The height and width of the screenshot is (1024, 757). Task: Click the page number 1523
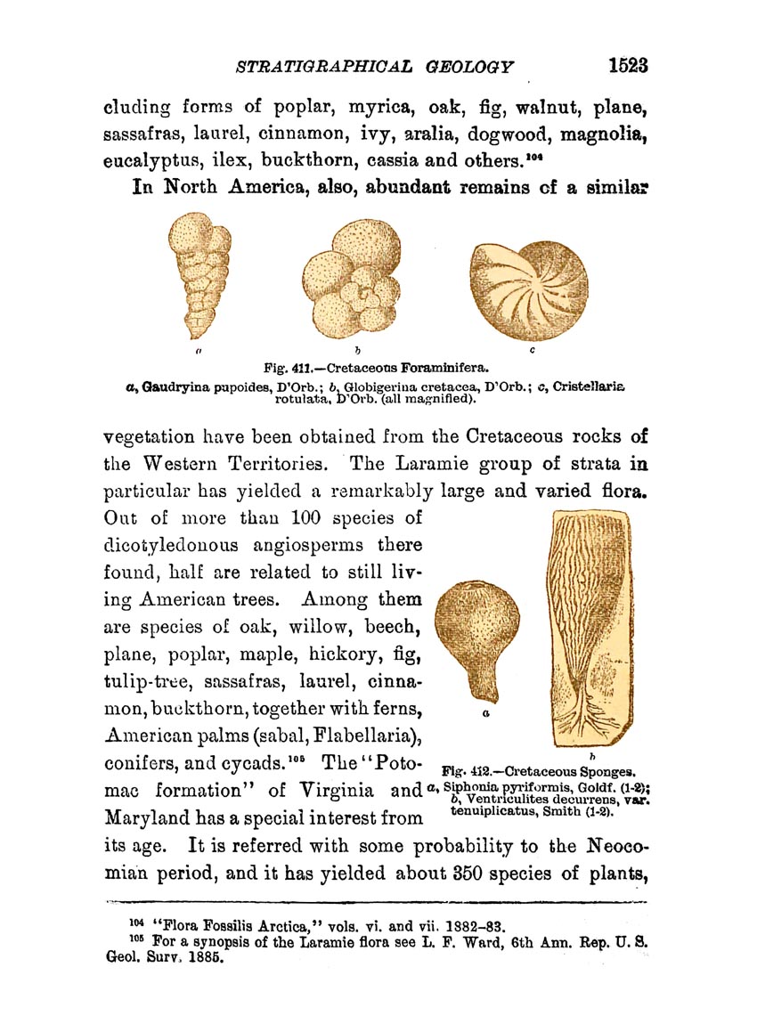pyautogui.click(x=627, y=66)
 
